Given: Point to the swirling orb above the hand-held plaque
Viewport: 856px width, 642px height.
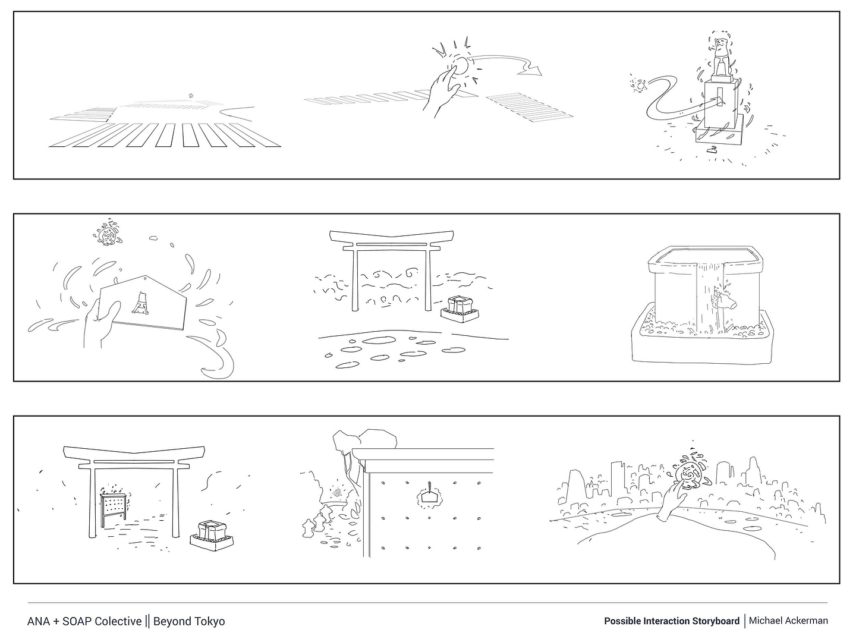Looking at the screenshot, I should pos(108,234).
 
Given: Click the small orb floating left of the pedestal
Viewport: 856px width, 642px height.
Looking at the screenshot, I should pos(640,86).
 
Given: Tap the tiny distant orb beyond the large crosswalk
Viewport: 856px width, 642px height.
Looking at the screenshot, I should pos(191,95).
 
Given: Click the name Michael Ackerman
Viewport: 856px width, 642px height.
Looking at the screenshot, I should pos(788,621).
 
